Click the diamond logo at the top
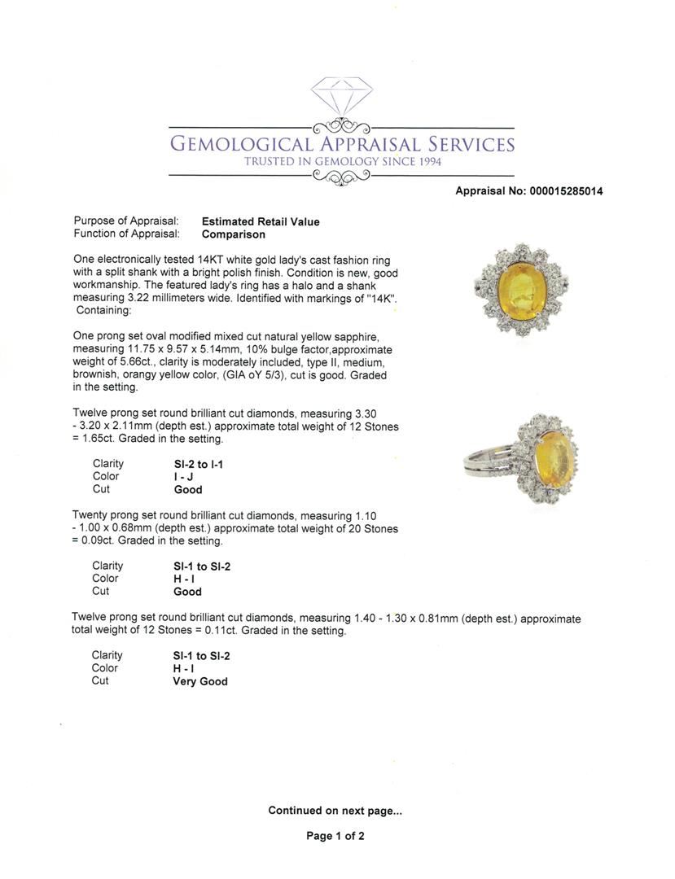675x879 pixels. pos(341,97)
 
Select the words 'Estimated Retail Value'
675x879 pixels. pos(261,221)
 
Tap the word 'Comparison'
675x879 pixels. pos(234,234)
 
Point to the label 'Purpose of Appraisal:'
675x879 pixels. pos(126,221)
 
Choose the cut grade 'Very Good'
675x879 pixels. pos(199,681)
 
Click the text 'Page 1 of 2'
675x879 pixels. pos(335,836)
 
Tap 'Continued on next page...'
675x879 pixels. pos(335,811)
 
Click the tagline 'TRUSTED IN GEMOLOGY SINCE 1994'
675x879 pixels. pos(343,162)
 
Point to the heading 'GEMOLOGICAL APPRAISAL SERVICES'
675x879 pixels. pos(342,144)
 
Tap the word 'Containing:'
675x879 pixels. pos(103,310)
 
